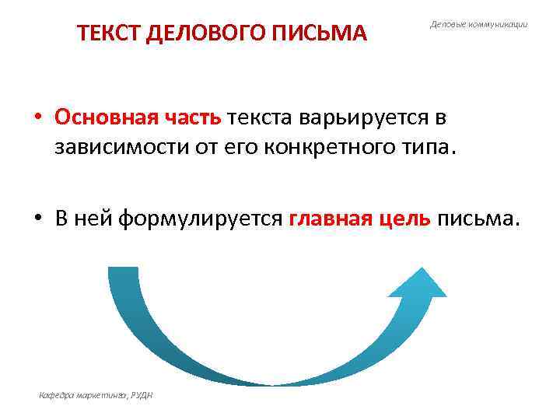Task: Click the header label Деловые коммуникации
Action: pos(478,25)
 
